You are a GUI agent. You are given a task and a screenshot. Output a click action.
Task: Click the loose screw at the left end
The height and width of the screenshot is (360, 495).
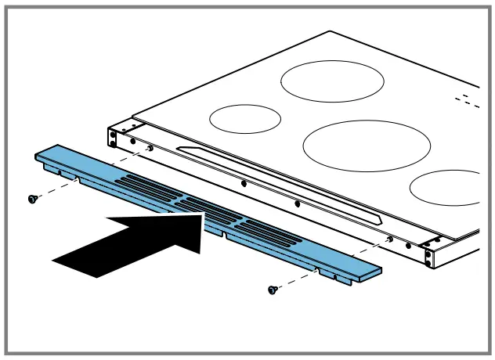(x=33, y=199)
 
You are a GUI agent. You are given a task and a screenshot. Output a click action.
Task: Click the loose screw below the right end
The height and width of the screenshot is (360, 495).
(x=273, y=290)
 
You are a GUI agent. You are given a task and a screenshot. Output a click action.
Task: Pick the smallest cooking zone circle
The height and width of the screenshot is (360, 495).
(x=245, y=118)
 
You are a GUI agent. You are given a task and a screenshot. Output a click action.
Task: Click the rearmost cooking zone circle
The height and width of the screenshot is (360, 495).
(x=332, y=81)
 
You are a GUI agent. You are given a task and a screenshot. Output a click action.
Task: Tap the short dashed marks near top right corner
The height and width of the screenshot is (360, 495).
(x=468, y=100)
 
